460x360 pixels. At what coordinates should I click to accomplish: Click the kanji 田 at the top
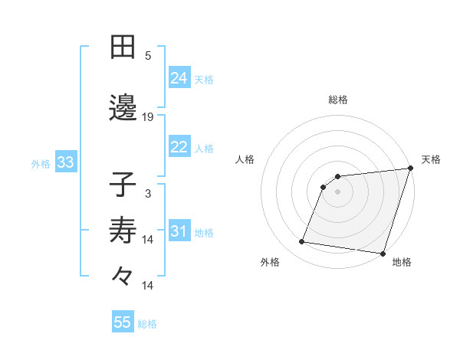[x=123, y=47]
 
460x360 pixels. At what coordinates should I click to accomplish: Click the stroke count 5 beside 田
[x=148, y=56]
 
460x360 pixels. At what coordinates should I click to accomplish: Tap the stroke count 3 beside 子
[x=148, y=194]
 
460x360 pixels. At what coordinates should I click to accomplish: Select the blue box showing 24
[x=179, y=77]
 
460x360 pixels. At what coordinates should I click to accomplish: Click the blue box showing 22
[x=179, y=147]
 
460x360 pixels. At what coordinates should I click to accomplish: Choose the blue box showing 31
[x=179, y=231]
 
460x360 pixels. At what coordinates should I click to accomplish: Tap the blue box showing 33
[x=64, y=162]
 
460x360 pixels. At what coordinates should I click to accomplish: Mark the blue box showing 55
[x=123, y=322]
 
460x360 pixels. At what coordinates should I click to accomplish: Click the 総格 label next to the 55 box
[x=147, y=324]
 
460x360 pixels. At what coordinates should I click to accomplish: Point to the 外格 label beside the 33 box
[x=41, y=163]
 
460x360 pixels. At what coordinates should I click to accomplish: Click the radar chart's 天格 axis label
[x=431, y=159]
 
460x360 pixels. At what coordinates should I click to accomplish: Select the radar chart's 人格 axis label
[x=245, y=159]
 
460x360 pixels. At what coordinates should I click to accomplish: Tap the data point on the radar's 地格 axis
[x=383, y=254]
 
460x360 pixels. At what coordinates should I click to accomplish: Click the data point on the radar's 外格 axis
[x=302, y=242]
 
